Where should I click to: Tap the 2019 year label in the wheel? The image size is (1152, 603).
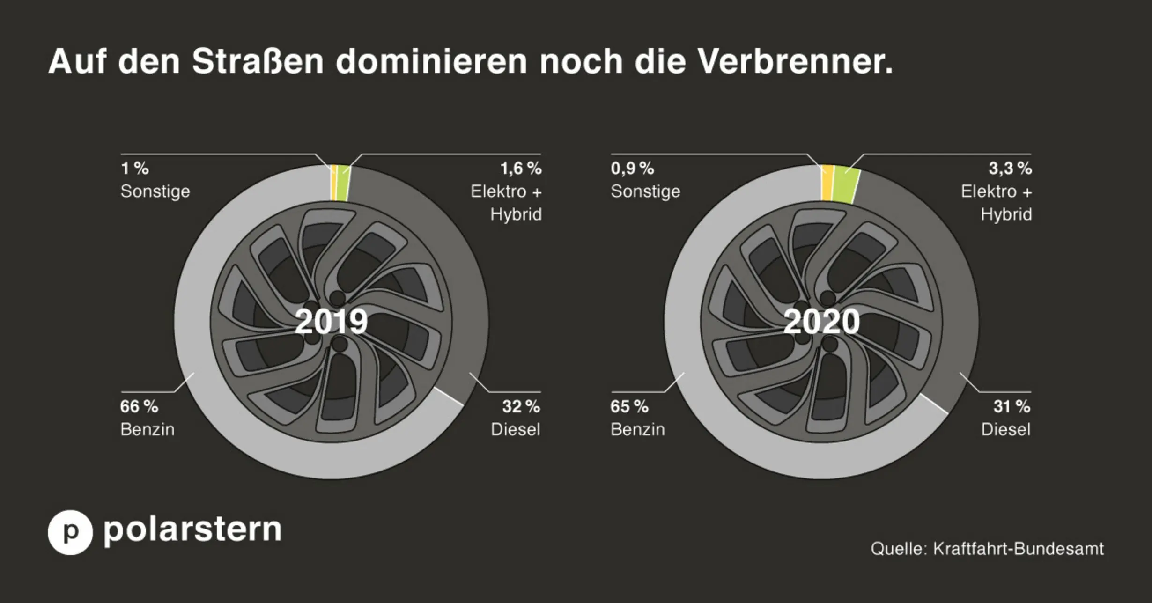tap(331, 322)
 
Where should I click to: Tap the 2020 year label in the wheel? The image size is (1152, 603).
tap(821, 322)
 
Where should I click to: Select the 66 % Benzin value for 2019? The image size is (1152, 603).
tap(139, 406)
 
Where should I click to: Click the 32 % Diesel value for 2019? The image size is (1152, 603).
tap(521, 406)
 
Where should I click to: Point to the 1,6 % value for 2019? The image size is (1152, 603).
tap(521, 169)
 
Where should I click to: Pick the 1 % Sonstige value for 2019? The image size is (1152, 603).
tap(135, 169)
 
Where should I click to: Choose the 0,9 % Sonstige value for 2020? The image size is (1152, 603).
tap(632, 169)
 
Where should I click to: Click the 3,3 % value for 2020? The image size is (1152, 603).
tap(1010, 169)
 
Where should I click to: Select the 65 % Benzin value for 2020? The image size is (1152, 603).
tap(629, 406)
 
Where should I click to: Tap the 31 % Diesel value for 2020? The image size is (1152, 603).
tap(1012, 406)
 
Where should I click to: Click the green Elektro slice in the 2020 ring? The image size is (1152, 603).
tap(847, 184)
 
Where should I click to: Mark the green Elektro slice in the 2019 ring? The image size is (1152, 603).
tap(343, 183)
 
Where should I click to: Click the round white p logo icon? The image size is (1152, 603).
tap(70, 532)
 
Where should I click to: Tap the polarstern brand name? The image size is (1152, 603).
tap(192, 530)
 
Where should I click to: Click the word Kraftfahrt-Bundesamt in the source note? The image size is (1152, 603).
tap(1018, 548)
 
